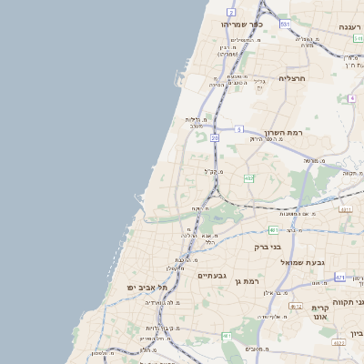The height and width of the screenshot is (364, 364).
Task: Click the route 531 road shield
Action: click(285, 24)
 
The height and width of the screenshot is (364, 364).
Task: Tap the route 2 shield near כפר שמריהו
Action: click(231, 12)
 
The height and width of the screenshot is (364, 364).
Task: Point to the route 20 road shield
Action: click(215, 137)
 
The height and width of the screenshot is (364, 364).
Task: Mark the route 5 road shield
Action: click(238, 129)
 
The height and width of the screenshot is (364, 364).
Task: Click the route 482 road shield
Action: click(248, 178)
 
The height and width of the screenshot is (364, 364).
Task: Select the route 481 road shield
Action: click(273, 230)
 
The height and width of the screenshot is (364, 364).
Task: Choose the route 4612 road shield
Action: click(295, 307)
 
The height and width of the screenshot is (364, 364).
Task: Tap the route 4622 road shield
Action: click(339, 342)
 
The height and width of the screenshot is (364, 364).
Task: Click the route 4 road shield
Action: click(351, 97)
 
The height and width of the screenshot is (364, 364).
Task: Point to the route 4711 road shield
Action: click(339, 277)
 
